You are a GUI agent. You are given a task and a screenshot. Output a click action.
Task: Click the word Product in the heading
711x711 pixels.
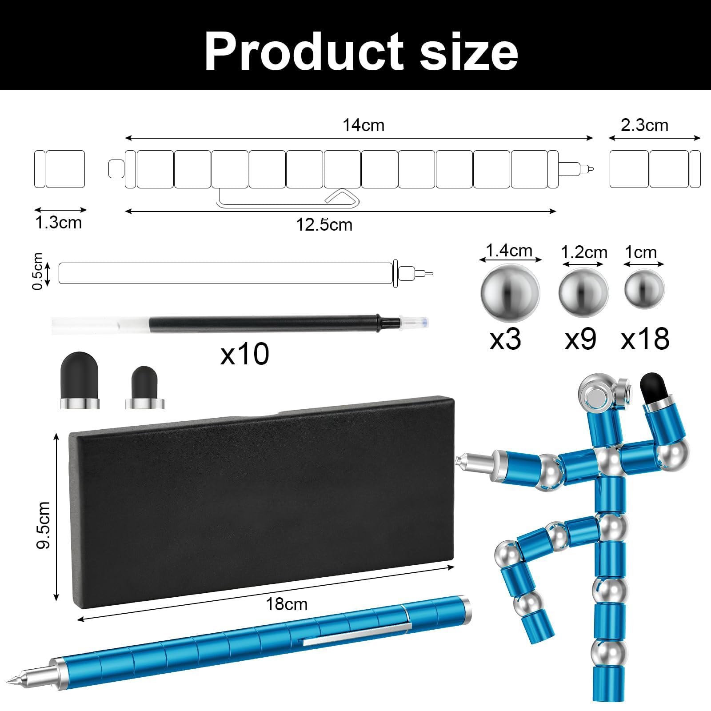click(304, 52)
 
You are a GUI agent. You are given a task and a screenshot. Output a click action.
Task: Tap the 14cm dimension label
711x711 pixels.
click(363, 125)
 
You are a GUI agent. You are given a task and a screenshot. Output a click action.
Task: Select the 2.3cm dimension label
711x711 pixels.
click(644, 125)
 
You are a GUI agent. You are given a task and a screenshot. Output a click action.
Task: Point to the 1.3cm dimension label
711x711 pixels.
click(59, 222)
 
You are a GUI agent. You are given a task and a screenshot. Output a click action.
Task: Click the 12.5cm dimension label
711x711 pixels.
click(324, 224)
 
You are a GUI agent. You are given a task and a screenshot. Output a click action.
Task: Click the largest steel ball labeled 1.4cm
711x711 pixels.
click(510, 292)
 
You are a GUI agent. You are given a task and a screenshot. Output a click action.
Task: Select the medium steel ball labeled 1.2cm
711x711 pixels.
click(583, 292)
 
